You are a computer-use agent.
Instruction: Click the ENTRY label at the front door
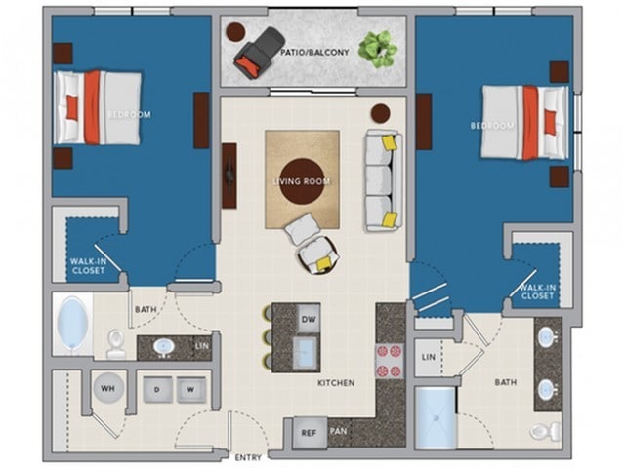click(248, 457)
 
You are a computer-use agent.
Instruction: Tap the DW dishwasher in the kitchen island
click(309, 319)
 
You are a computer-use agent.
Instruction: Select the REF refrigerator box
click(309, 433)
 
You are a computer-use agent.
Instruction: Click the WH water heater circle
click(108, 388)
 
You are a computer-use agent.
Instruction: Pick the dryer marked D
click(157, 390)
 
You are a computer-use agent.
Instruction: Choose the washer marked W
click(191, 390)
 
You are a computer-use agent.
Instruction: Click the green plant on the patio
click(378, 50)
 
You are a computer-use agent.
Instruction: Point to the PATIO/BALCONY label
click(314, 52)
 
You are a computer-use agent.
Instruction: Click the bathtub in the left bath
click(72, 323)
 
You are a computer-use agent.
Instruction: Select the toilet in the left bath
click(115, 344)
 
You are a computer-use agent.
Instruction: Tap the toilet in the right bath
click(546, 430)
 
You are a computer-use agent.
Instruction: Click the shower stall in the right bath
click(436, 418)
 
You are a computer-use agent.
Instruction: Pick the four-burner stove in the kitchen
click(389, 361)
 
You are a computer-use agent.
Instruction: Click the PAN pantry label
click(339, 431)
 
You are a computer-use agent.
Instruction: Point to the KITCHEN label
click(336, 383)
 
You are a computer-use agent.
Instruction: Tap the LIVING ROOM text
click(302, 182)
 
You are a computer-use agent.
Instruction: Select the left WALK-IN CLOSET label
click(88, 266)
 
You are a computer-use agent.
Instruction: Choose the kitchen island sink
click(306, 352)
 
